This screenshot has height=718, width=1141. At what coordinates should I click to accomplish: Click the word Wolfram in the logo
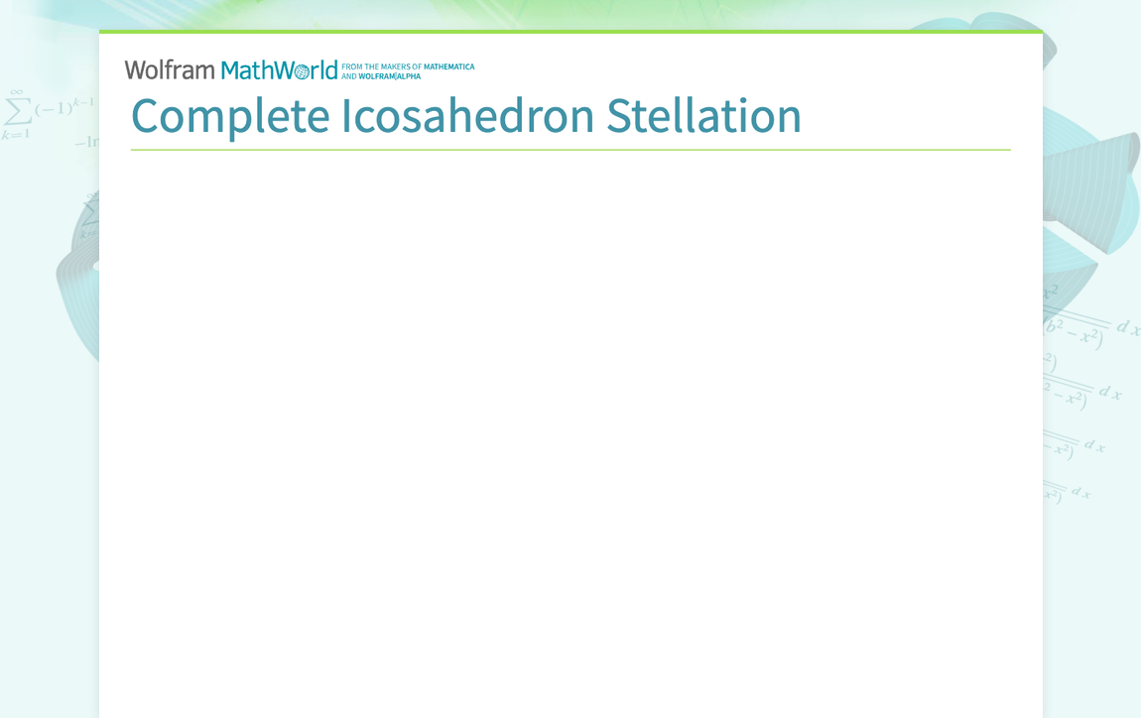(170, 70)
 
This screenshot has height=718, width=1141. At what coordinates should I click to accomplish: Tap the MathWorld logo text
(279, 70)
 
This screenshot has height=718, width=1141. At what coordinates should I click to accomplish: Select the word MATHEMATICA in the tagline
(448, 66)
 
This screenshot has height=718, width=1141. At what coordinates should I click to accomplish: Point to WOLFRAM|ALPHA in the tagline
(389, 76)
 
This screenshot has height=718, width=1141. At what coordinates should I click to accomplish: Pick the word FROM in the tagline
(352, 66)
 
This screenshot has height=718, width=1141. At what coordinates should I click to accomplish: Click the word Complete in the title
(230, 116)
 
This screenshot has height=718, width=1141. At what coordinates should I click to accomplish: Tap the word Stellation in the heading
(703, 116)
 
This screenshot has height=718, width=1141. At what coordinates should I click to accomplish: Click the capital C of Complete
(146, 116)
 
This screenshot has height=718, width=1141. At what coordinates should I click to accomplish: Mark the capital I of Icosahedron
(346, 116)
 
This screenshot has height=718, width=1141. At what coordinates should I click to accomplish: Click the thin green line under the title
(570, 150)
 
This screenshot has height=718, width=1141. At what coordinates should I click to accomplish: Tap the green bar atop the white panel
(570, 32)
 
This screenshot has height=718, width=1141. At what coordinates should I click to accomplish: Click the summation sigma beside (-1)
(16, 109)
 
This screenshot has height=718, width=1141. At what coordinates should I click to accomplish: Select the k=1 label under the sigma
(14, 134)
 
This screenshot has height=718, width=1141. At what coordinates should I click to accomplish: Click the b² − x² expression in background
(1076, 332)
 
